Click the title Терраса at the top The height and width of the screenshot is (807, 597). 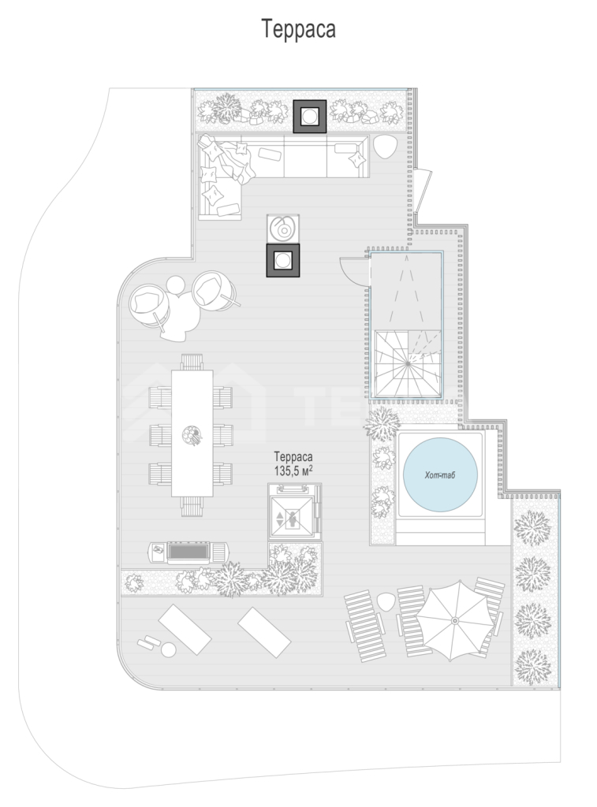299,29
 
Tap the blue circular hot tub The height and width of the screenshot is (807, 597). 440,474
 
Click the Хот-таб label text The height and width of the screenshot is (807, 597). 440,475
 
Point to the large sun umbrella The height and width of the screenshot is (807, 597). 454,621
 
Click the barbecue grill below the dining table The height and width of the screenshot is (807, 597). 189,552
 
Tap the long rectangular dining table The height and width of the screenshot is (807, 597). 192,433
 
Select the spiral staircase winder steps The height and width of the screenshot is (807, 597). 407,363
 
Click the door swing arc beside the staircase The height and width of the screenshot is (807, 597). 352,270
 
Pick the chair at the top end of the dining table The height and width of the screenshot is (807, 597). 192,362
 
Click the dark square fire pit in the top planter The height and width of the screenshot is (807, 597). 310,117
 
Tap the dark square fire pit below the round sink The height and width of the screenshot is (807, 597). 283,260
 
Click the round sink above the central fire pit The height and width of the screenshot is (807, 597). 283,228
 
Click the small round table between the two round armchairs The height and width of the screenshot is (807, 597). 176,285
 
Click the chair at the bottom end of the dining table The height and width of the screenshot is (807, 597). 192,506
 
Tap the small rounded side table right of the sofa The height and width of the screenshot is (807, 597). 385,147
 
